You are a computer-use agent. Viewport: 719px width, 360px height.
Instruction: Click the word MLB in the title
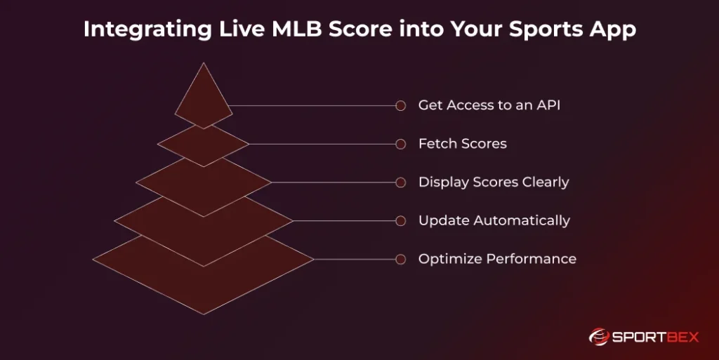pyautogui.click(x=297, y=28)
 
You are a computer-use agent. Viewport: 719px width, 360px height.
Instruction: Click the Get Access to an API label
pyautogui.click(x=489, y=105)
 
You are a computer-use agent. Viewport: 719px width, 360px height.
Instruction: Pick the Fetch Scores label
pyautogui.click(x=463, y=144)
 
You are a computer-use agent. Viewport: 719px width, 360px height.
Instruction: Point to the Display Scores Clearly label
pyautogui.click(x=494, y=182)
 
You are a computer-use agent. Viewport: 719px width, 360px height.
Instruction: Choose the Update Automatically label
pyautogui.click(x=494, y=221)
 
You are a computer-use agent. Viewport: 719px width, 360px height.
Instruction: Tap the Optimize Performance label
pyautogui.click(x=498, y=259)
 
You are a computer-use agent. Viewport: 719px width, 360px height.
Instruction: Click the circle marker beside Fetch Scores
pyautogui.click(x=401, y=145)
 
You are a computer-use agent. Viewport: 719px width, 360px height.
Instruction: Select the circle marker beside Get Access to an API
pyautogui.click(x=401, y=106)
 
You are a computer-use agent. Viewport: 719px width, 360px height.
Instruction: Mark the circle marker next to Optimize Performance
pyautogui.click(x=401, y=259)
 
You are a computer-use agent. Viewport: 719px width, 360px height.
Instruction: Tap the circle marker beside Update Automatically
pyautogui.click(x=401, y=221)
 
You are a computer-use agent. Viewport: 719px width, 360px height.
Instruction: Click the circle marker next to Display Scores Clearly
pyautogui.click(x=401, y=182)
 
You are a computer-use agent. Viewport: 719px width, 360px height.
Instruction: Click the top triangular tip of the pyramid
pyautogui.click(x=204, y=63)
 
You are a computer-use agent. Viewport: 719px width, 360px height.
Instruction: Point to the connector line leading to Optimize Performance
pyautogui.click(x=355, y=259)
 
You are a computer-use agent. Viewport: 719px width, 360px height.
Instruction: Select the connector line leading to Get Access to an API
pyautogui.click(x=312, y=106)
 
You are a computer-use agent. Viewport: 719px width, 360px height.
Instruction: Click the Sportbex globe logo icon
pyautogui.click(x=598, y=337)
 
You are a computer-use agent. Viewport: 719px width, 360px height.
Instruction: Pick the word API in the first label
pyautogui.click(x=548, y=105)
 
